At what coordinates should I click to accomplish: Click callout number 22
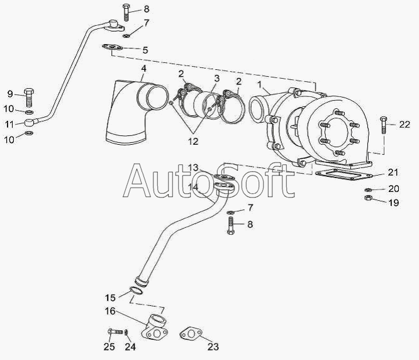tap(405, 125)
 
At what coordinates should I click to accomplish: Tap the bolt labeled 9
tap(28, 97)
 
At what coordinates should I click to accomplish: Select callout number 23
tap(213, 347)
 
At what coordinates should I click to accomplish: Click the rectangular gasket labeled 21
tap(344, 174)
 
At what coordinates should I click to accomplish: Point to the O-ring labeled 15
tap(137, 291)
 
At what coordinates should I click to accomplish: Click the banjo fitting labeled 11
tap(30, 123)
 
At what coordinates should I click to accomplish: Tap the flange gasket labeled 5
tap(112, 48)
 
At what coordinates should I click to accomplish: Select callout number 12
tap(193, 142)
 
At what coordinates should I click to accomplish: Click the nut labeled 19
tap(368, 198)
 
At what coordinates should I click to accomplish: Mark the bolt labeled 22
tap(384, 125)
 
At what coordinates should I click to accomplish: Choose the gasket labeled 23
tap(191, 334)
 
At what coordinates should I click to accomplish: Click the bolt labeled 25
tap(115, 332)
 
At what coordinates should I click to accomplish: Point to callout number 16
tap(110, 312)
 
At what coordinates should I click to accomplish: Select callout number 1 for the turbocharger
tap(259, 85)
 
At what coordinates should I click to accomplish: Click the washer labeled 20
tap(368, 189)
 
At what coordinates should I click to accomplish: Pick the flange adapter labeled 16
tap(155, 328)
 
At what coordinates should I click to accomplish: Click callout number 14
tap(193, 187)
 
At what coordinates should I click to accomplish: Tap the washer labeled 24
tap(126, 332)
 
